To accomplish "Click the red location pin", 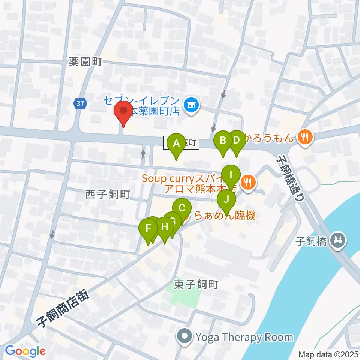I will tap(123, 112).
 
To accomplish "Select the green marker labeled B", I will tap(223, 141).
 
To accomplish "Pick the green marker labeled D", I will tap(236, 141).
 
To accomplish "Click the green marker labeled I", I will tap(231, 175).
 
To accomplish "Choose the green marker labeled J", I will tap(226, 200).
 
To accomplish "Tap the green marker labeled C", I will tap(182, 208).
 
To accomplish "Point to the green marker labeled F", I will tap(148, 229).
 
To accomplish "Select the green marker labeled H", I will tap(164, 227).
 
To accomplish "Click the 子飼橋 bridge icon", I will tap(339, 239).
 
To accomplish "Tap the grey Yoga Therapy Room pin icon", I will tap(185, 337).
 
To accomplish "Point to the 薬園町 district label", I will tap(85, 62).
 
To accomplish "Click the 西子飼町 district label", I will tap(108, 195).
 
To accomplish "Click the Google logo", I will tap(25, 351).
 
